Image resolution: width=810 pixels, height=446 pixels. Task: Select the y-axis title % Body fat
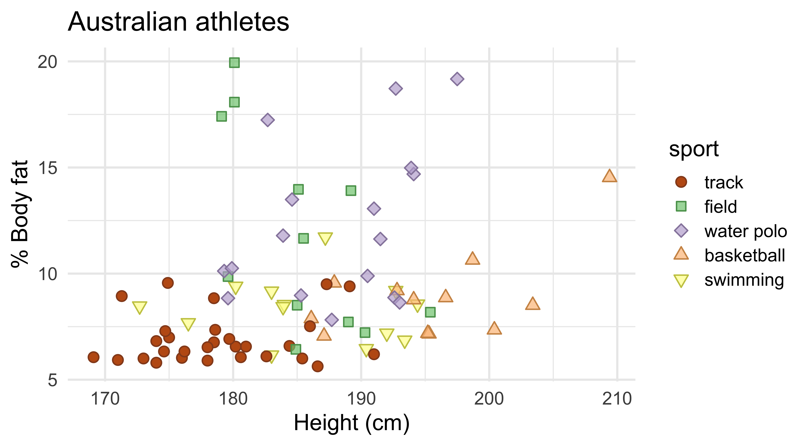[19, 214]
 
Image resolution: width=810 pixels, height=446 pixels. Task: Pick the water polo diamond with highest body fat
[457, 79]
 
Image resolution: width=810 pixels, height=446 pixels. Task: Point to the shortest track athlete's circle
[93, 357]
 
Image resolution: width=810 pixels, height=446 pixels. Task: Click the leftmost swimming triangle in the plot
[139, 307]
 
